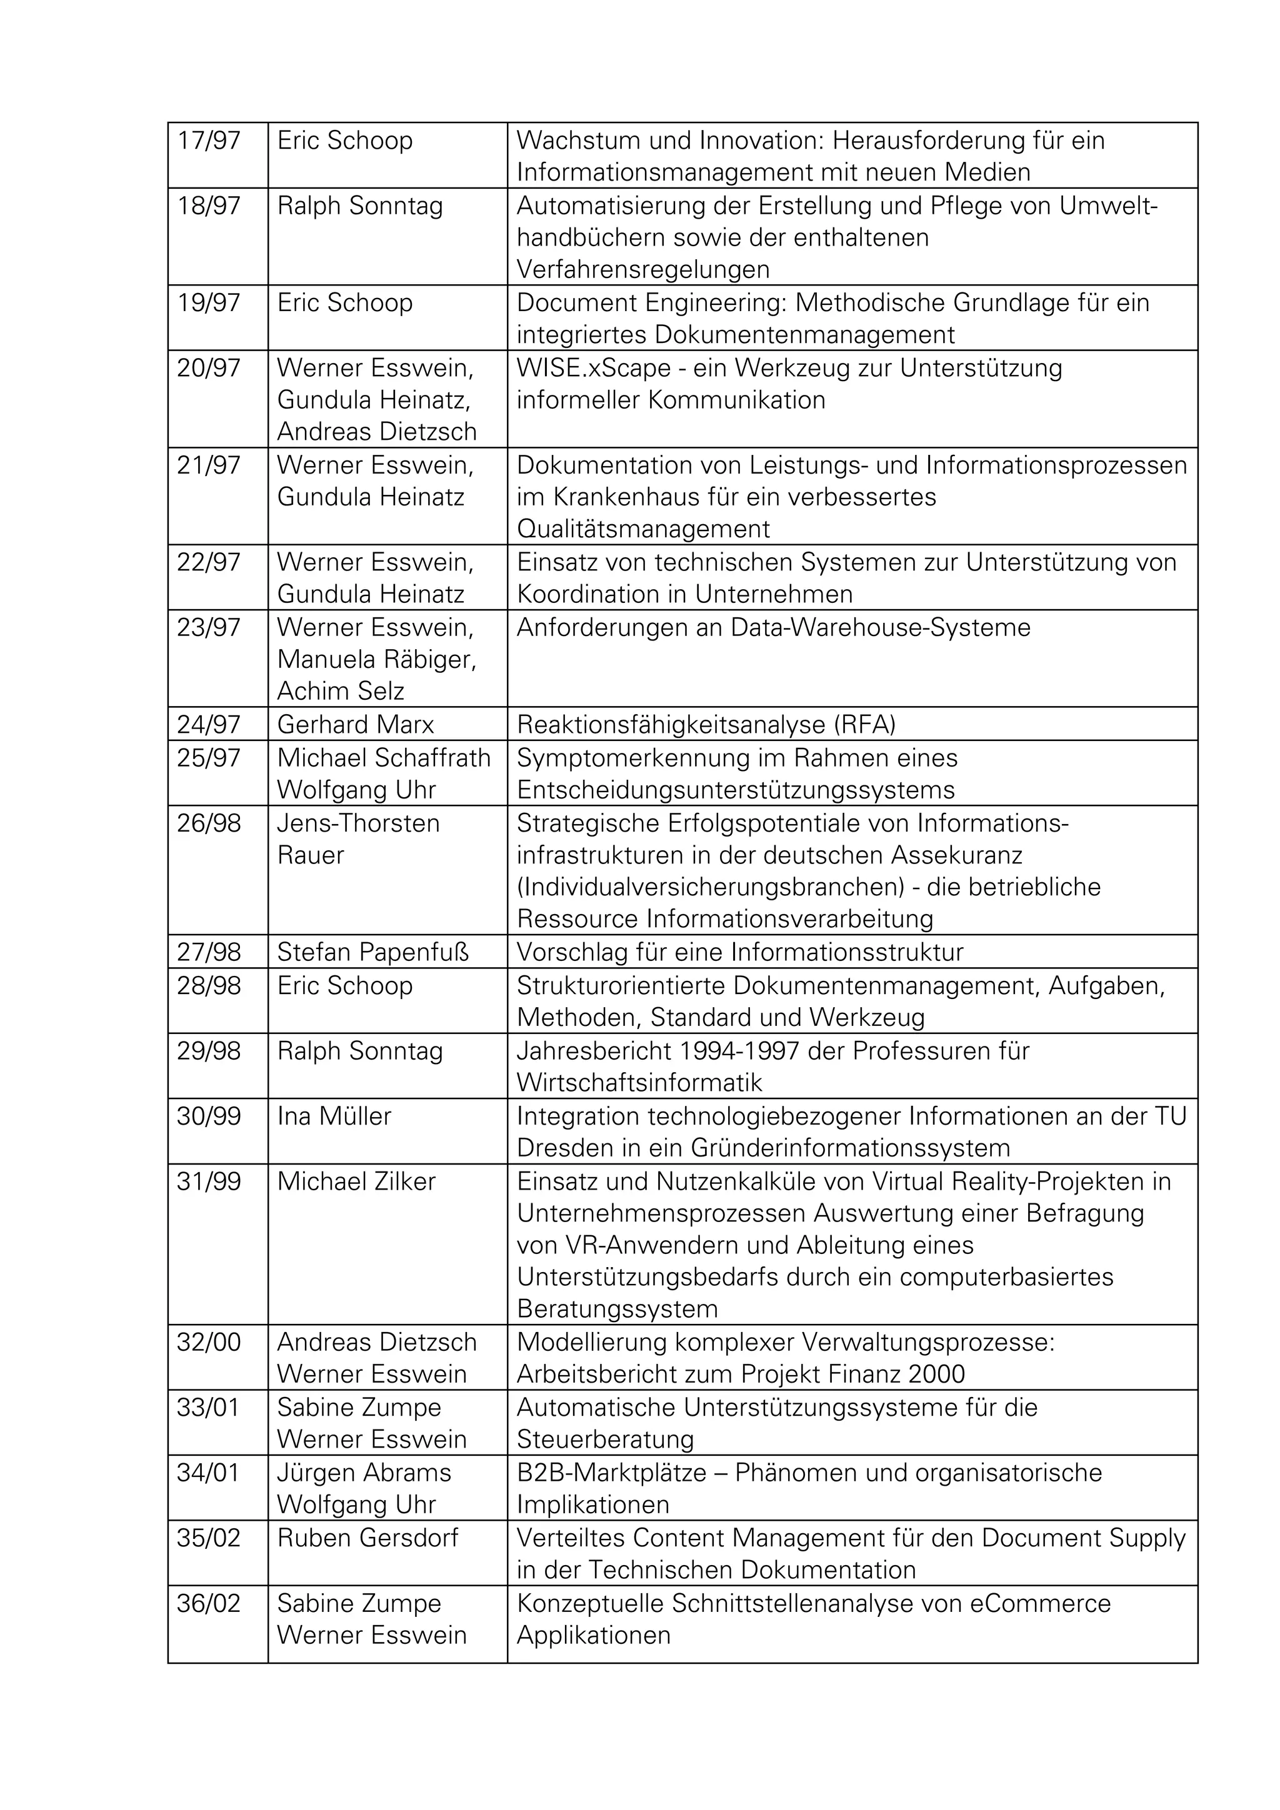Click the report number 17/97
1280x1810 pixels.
[x=208, y=141]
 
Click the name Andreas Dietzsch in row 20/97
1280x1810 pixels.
[x=377, y=432]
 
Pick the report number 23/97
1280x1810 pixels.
[x=208, y=627]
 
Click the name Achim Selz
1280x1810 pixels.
[x=341, y=692]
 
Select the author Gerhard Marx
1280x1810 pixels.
[x=355, y=725]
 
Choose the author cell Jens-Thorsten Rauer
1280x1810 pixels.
[x=358, y=839]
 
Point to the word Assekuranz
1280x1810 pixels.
[x=957, y=855]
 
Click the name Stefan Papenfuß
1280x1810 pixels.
[x=372, y=952]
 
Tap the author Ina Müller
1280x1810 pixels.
[x=334, y=1116]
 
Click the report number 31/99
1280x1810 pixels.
[x=208, y=1181]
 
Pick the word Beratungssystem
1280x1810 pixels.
[x=617, y=1310]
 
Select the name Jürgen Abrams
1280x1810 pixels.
[x=364, y=1473]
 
